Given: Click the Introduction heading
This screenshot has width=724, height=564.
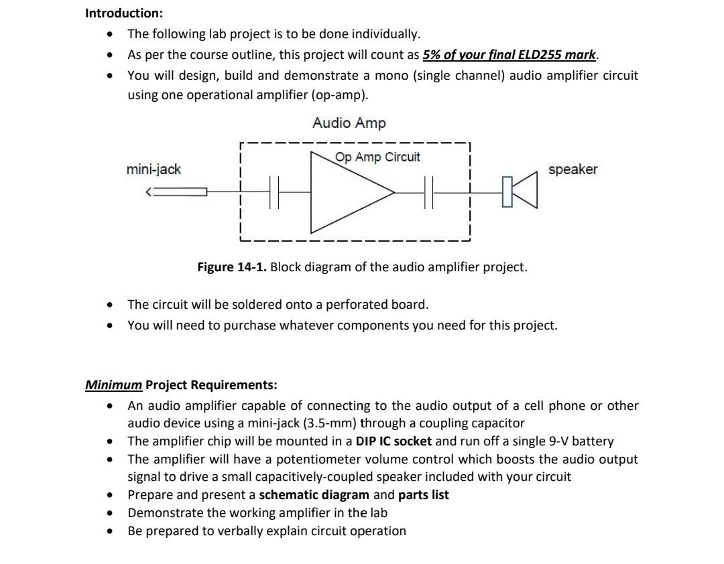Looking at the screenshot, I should [x=123, y=13].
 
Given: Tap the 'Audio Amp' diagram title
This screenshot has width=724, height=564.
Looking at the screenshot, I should [x=349, y=123].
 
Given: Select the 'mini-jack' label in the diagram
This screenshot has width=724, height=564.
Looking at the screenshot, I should [x=154, y=169].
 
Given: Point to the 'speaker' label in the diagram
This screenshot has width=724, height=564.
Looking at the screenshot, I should [x=572, y=169].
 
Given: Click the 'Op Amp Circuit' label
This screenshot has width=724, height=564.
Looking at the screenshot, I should [x=377, y=157].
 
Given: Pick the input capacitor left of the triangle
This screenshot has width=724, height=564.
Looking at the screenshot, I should [x=274, y=193].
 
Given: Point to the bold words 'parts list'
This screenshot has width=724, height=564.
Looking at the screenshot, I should [x=424, y=495].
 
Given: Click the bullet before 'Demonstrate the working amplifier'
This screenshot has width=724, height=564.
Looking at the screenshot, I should [x=110, y=513].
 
